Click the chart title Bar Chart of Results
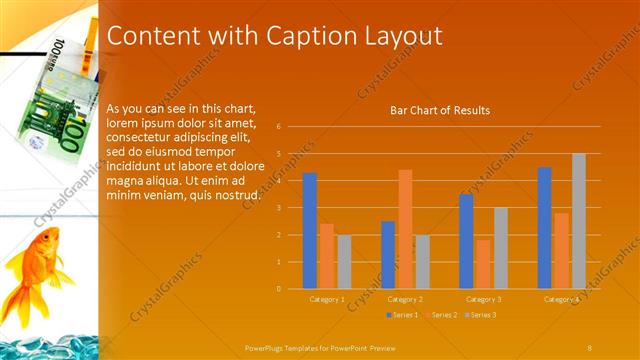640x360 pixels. coord(439,110)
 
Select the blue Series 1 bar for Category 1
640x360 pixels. coord(310,231)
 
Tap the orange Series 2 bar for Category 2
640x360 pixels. coord(405,229)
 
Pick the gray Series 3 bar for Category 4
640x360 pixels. coord(579,221)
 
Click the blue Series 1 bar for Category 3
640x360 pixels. coord(466,241)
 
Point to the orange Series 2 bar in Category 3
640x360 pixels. coord(483,264)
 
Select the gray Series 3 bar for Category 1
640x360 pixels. coord(344,262)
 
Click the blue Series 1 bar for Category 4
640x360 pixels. coord(544,228)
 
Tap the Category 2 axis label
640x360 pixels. coord(405,299)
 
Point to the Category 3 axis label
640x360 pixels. coord(483,299)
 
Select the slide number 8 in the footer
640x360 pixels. coord(589,347)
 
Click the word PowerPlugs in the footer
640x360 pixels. coord(267,347)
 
